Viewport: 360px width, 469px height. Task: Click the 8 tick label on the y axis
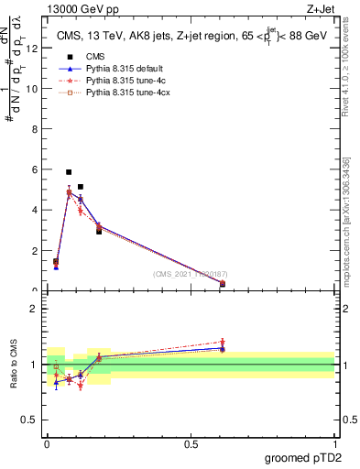(x=35, y=129)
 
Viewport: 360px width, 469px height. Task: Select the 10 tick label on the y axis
(x=33, y=89)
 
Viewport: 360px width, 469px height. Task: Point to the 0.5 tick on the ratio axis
(x=32, y=422)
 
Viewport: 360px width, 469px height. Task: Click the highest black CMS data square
(x=69, y=172)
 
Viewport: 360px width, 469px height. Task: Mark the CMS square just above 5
(x=81, y=187)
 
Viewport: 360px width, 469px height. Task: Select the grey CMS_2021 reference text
(x=191, y=273)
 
